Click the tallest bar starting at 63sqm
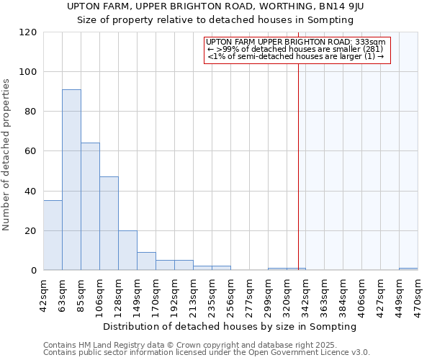71,180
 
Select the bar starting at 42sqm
53,235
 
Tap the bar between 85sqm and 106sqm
90,207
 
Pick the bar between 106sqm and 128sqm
109,223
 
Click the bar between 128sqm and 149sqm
127,251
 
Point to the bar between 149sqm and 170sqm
146,261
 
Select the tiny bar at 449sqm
408,269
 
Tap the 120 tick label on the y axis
28,32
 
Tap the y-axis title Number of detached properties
7,155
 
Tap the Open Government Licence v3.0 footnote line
207,352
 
